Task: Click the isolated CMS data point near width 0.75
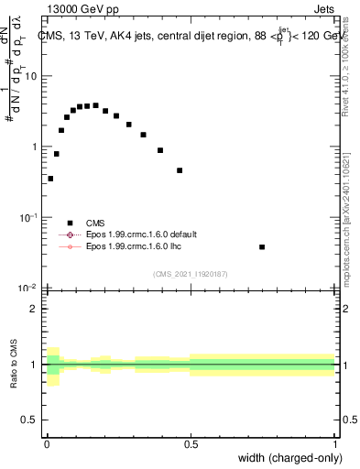[x=262, y=247]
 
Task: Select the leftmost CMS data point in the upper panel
[x=50, y=179]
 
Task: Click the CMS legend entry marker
[x=69, y=223]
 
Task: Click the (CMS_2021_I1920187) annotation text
[x=191, y=275]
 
